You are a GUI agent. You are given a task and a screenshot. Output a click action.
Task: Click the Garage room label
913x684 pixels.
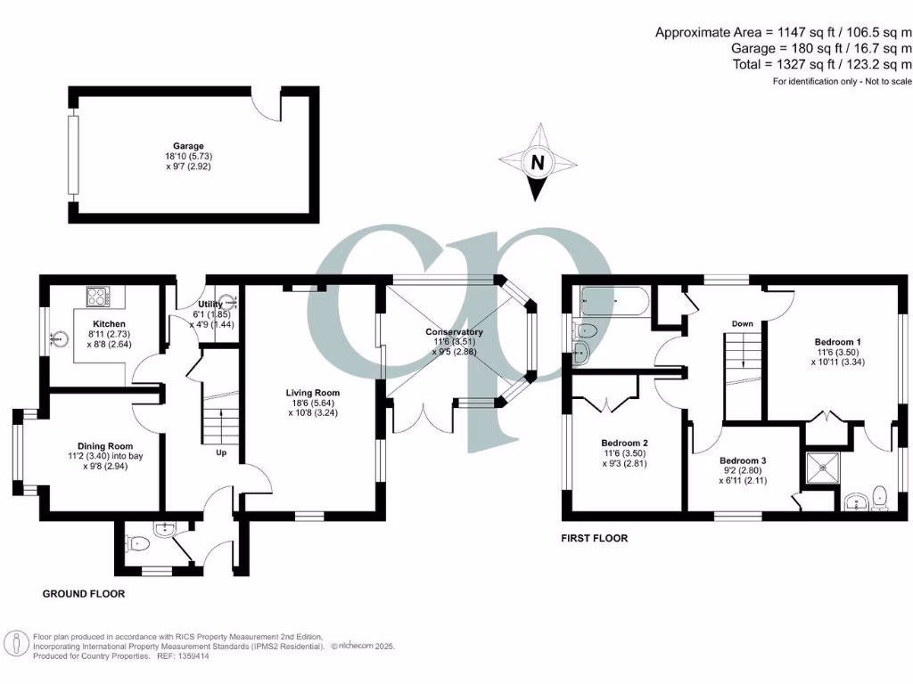click(x=188, y=146)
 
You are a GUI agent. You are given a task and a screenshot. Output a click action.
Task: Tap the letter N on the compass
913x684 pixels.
click(x=537, y=163)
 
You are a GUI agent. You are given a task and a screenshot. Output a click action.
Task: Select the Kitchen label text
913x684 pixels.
click(x=109, y=323)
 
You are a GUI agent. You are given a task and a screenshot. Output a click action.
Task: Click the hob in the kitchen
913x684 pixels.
click(x=97, y=295)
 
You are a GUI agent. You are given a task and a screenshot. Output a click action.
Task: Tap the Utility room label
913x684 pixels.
click(x=210, y=305)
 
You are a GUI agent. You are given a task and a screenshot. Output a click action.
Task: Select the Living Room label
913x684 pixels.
click(x=312, y=392)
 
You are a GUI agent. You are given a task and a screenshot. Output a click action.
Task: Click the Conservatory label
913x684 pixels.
click(x=454, y=332)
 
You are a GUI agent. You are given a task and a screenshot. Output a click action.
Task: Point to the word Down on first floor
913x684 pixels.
click(x=742, y=323)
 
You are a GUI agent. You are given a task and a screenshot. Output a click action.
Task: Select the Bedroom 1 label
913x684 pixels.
click(x=837, y=341)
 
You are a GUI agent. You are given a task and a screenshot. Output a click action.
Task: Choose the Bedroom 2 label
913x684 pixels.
click(x=624, y=443)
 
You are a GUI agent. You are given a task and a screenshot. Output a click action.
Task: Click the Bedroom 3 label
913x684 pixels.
click(x=743, y=460)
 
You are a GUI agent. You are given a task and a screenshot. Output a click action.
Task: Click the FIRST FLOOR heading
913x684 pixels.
click(x=595, y=538)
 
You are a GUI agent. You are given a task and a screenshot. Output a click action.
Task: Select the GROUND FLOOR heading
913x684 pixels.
click(x=84, y=593)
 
